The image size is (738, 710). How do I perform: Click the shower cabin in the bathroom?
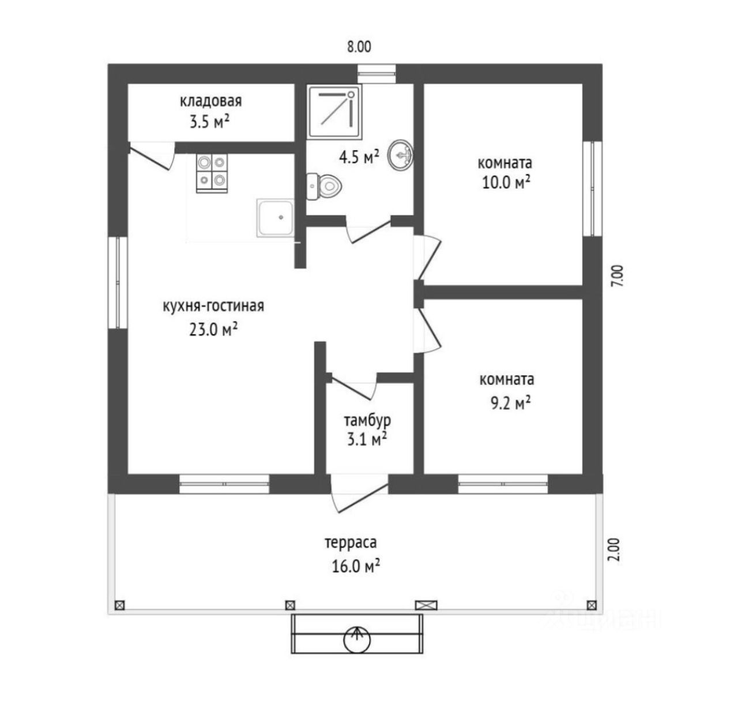point(335,111)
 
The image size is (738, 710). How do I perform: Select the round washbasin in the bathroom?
point(401,155)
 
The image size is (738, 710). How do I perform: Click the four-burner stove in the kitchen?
point(212,173)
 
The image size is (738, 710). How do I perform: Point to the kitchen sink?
point(276,217)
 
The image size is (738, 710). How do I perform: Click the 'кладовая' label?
point(211,102)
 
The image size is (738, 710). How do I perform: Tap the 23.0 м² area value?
point(213,330)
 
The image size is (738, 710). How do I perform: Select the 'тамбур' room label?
point(367,419)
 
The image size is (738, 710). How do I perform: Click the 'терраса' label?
point(351,543)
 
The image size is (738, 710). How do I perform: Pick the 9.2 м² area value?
point(510,402)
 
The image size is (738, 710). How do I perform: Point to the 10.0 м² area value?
point(506,183)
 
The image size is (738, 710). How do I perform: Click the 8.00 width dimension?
point(359,47)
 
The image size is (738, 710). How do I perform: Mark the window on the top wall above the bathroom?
point(376,74)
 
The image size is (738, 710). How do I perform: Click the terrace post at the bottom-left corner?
point(119,606)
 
